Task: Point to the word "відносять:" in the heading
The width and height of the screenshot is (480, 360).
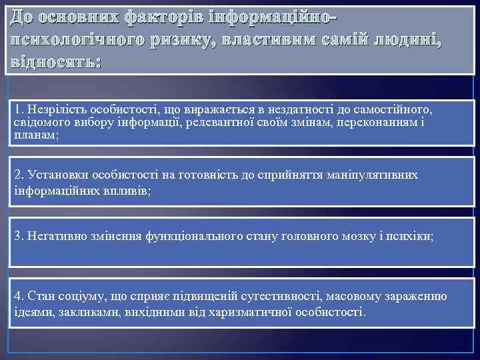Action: tap(53, 64)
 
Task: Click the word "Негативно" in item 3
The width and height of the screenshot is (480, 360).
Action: tap(54, 237)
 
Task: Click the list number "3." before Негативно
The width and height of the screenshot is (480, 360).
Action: tap(19, 237)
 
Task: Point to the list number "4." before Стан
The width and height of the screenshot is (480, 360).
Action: tap(19, 297)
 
